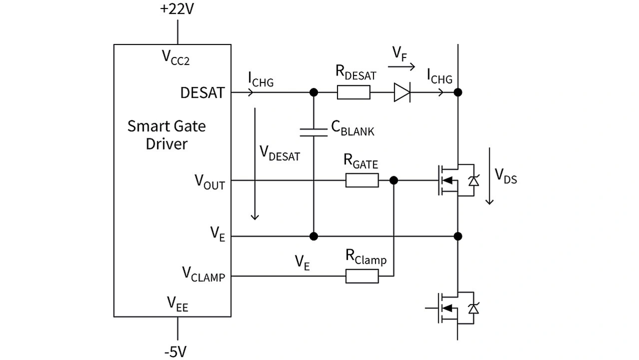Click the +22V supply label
(x=177, y=9)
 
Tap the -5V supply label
(x=177, y=352)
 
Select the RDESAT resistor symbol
(x=353, y=92)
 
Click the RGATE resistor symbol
(x=362, y=180)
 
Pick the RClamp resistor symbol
(x=362, y=276)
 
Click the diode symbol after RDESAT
(x=402, y=92)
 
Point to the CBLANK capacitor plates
(x=314, y=132)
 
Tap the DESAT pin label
(x=203, y=93)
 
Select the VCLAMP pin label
(x=203, y=274)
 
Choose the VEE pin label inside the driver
(x=177, y=303)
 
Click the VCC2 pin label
(x=176, y=57)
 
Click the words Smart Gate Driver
(x=166, y=135)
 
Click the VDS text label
(x=506, y=176)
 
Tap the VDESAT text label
(x=280, y=154)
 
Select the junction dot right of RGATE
(x=394, y=180)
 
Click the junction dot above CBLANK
(x=314, y=92)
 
